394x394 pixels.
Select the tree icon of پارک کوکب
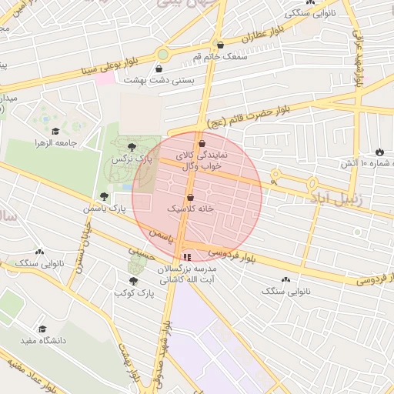pyautogui.click(x=133, y=282)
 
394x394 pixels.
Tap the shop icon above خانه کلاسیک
pyautogui.click(x=190, y=197)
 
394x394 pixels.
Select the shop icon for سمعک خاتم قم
pyautogui.click(x=221, y=45)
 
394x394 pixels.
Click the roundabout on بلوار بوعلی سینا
pyautogui.click(x=163, y=54)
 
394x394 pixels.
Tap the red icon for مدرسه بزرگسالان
pyautogui.click(x=186, y=257)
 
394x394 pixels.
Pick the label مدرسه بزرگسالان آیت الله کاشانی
pyautogui.click(x=187, y=274)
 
